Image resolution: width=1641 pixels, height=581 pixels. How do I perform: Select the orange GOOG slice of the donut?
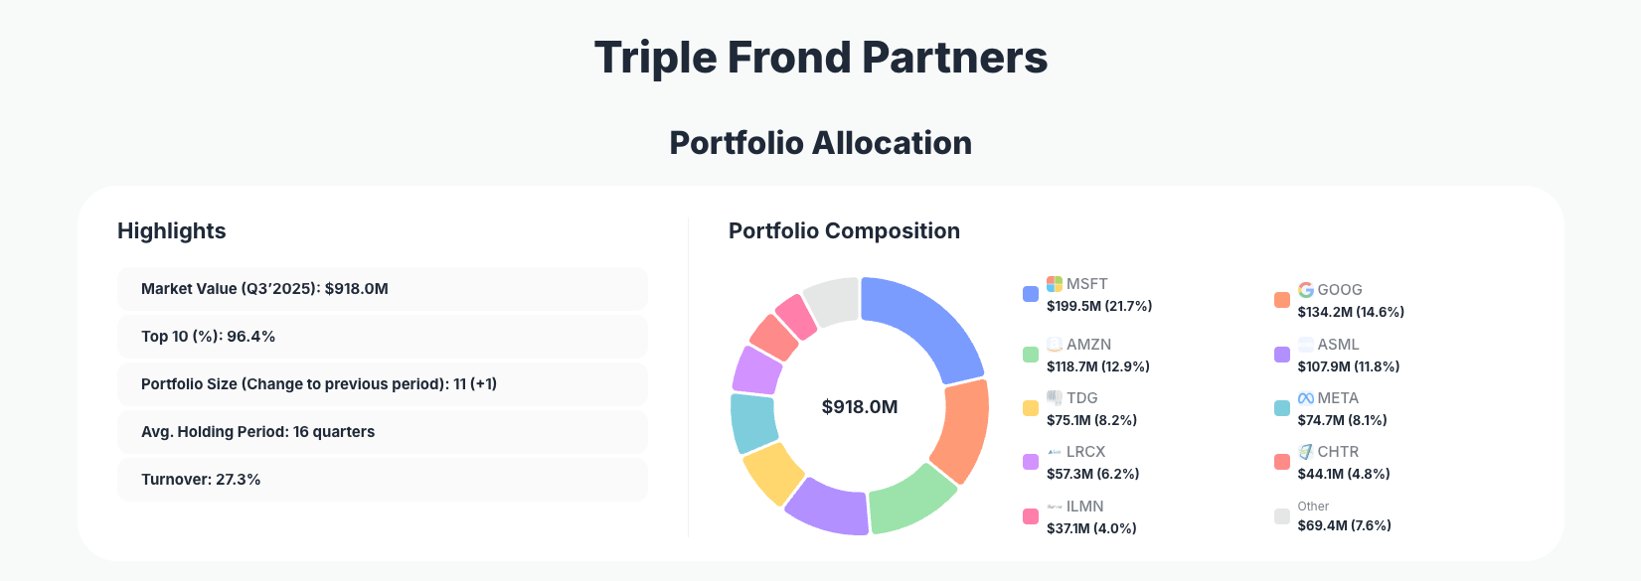tap(961, 431)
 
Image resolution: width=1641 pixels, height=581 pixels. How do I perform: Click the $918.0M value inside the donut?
tap(860, 407)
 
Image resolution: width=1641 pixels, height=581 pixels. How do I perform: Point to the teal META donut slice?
tap(753, 422)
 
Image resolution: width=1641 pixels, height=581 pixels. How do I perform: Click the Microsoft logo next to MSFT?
tap(1055, 284)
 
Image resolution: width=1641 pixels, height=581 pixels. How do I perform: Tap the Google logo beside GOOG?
tap(1306, 290)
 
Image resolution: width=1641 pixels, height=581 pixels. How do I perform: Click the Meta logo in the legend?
tap(1306, 398)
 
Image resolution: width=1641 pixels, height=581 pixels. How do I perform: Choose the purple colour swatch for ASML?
tap(1282, 355)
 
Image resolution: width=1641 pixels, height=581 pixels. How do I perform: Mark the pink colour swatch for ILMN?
tap(1031, 516)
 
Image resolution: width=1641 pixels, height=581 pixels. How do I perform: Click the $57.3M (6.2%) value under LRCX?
tap(1092, 474)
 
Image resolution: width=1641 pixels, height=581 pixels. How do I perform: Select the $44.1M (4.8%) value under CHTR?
tap(1343, 474)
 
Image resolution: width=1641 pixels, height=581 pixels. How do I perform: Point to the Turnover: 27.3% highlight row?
tap(382, 480)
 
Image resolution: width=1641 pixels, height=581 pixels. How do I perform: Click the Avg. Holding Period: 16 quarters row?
tap(382, 432)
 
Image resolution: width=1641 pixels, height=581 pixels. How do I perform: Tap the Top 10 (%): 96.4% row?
tap(382, 337)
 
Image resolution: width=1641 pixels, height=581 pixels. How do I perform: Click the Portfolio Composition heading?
tap(844, 231)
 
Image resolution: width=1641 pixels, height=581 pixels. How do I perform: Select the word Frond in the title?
tap(789, 58)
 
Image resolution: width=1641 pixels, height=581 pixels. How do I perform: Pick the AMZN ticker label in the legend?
tap(1088, 345)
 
